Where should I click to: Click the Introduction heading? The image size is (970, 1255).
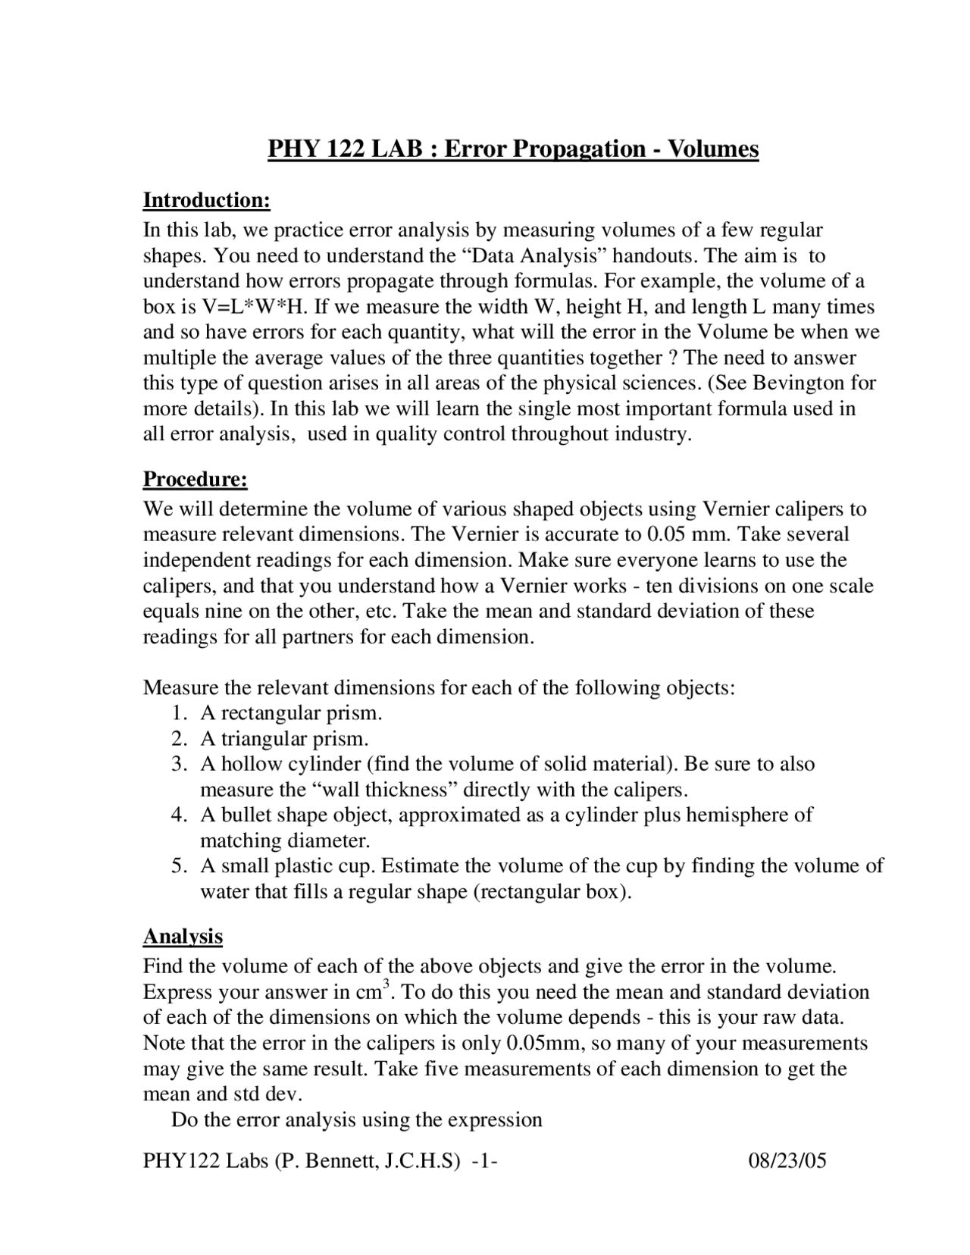click(206, 201)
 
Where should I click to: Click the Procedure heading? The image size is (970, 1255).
click(196, 480)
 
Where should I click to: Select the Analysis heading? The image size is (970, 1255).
click(183, 937)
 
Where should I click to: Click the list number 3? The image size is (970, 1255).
click(178, 764)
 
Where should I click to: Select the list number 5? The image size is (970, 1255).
click(178, 866)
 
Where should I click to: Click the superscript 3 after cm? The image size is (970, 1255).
click(386, 984)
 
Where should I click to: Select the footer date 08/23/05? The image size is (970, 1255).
click(787, 1161)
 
